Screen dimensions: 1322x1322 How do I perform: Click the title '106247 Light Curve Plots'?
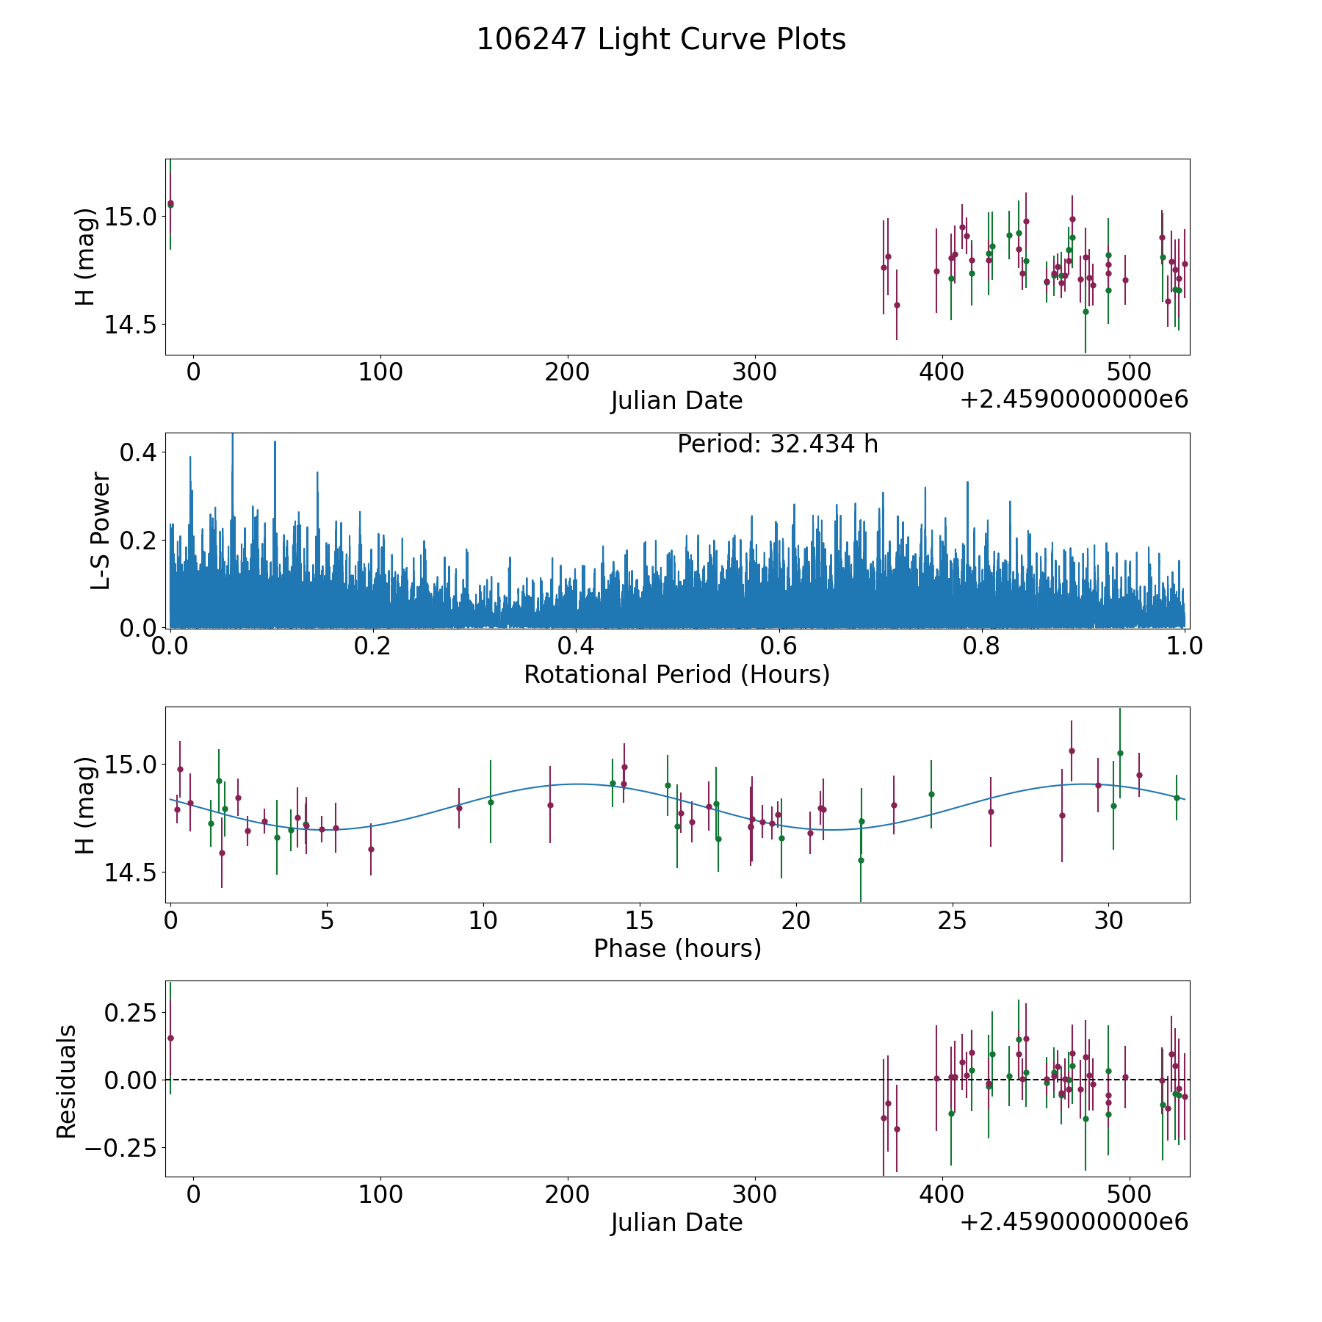[x=661, y=40]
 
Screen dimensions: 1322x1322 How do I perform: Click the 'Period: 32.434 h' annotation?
[x=777, y=444]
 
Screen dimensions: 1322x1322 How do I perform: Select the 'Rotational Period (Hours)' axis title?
[x=676, y=674]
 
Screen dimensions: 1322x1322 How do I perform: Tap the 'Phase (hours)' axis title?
[x=676, y=948]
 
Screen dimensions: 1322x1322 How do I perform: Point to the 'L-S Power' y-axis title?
[x=101, y=530]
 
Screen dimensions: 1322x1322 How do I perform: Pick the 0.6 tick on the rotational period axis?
[x=779, y=646]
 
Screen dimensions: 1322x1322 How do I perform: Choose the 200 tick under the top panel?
[x=568, y=372]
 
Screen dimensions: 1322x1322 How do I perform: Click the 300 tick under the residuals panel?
[x=755, y=1194]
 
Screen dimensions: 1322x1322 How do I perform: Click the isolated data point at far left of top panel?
[x=170, y=203]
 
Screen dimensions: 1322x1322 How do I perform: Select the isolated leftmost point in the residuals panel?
[x=170, y=1038]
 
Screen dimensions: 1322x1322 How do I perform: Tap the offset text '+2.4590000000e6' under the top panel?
[x=1074, y=400]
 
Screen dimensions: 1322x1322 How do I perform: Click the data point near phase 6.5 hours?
[x=371, y=849]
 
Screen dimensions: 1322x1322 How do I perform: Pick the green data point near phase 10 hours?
[x=491, y=802]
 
